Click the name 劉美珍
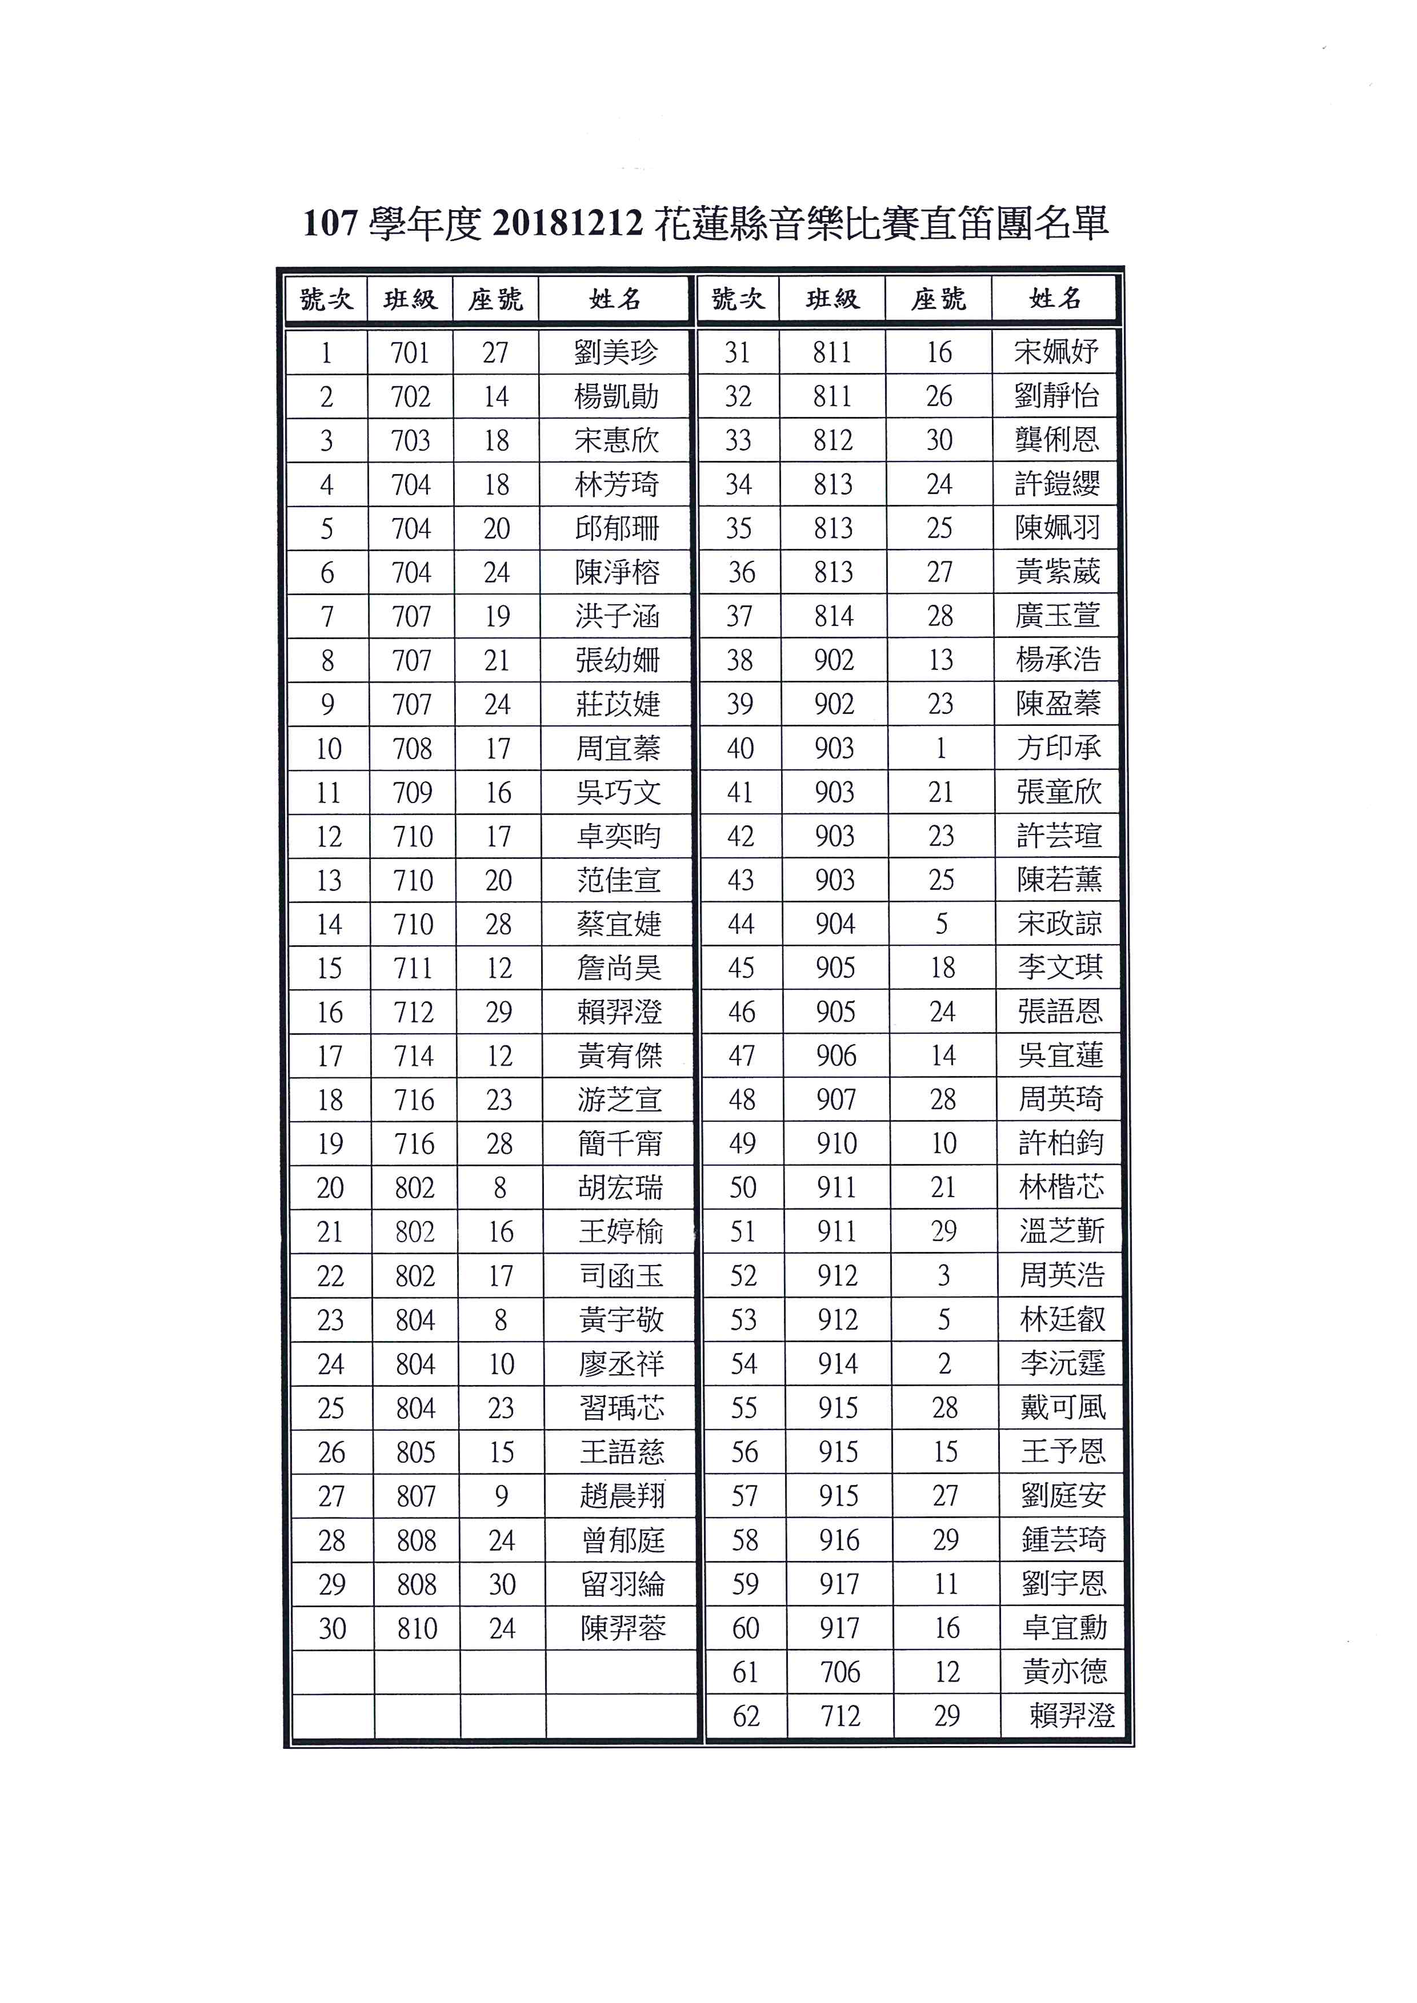(x=616, y=352)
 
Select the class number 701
(x=410, y=352)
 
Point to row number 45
(x=741, y=968)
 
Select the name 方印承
(x=1058, y=748)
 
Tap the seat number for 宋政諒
(x=942, y=924)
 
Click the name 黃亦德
(x=1064, y=1672)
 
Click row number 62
(x=746, y=1716)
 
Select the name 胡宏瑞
(x=619, y=1187)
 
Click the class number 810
(x=416, y=1628)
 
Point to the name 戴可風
(x=1063, y=1407)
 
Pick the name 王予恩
(x=1063, y=1452)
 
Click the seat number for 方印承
(x=940, y=748)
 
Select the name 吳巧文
(x=618, y=792)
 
